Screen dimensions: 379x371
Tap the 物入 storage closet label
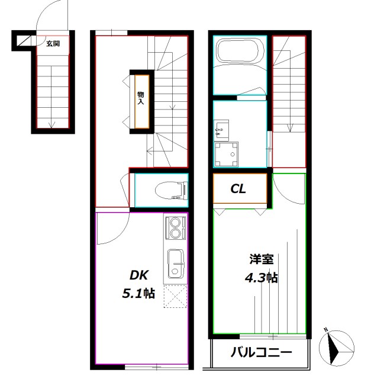141,98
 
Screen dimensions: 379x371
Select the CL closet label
238,189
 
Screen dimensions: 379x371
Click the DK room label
140,275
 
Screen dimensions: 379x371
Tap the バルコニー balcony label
260,352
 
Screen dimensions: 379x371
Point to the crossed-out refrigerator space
176,296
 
